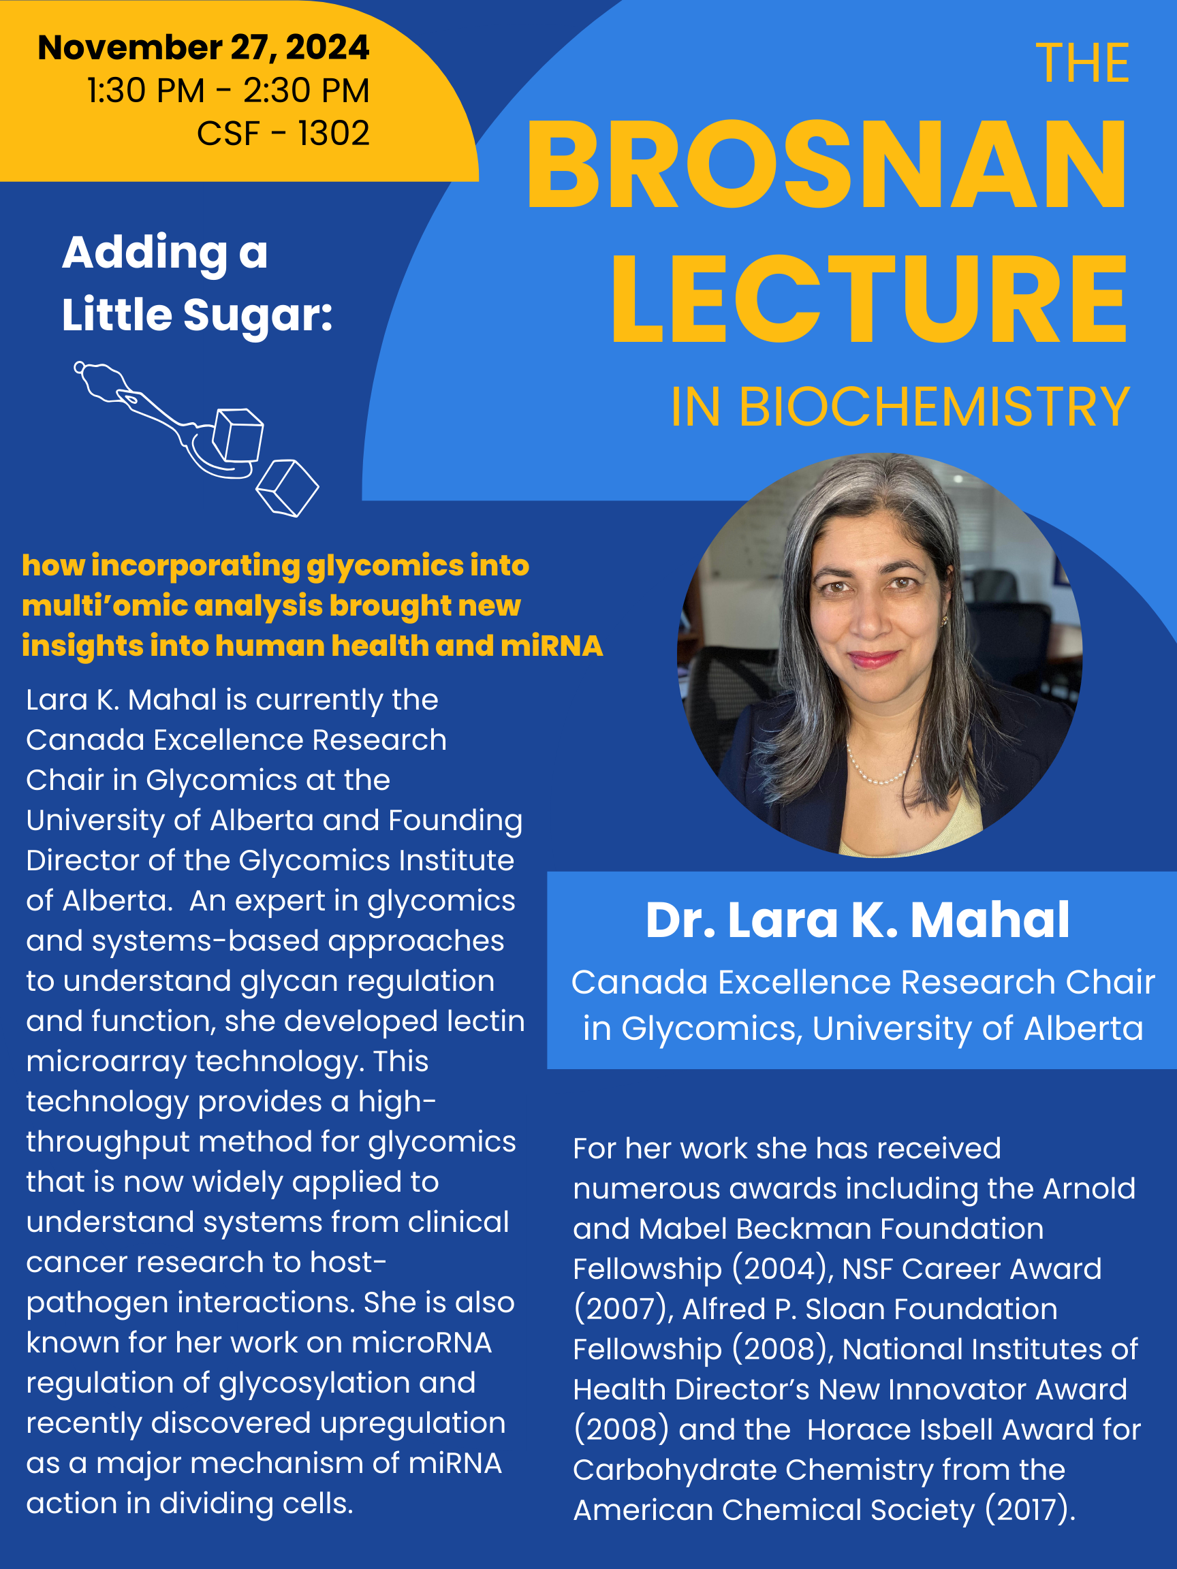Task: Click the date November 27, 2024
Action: click(203, 48)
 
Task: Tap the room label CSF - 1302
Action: click(283, 133)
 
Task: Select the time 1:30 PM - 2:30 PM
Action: click(227, 91)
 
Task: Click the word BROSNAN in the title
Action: click(826, 165)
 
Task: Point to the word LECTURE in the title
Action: click(869, 300)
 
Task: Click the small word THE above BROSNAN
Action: click(1082, 64)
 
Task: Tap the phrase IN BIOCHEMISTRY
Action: click(900, 407)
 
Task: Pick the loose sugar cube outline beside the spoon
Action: click(287, 488)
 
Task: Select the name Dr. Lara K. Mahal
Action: click(857, 920)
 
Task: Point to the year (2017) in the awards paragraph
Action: click(1029, 1510)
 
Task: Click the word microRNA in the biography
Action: click(422, 1343)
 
